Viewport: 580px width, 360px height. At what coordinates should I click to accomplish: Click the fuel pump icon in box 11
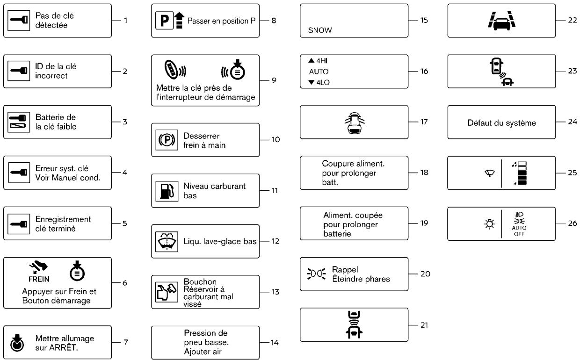pos(167,191)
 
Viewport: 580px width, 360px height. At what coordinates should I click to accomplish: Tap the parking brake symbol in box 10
pos(167,140)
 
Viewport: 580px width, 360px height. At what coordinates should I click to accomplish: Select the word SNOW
pos(320,30)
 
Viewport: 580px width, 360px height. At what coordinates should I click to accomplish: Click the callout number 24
pos(573,122)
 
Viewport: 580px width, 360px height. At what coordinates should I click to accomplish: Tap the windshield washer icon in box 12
pos(167,242)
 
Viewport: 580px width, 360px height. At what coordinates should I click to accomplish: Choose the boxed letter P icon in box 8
pos(165,21)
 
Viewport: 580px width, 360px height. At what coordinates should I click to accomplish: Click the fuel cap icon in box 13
pos(167,292)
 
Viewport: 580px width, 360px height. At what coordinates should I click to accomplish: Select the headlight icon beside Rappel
pos(316,274)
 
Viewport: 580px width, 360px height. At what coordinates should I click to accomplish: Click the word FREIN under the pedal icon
pos(39,279)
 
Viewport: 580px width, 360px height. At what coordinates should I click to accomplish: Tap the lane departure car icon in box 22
pos(501,21)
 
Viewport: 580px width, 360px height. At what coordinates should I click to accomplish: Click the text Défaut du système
pos(501,122)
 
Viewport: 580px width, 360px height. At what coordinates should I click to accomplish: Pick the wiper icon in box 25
pos(489,173)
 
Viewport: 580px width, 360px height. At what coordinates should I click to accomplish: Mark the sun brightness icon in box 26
pos(489,224)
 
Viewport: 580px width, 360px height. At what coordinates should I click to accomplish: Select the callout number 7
pos(126,342)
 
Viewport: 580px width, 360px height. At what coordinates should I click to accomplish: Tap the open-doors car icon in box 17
pos(354,123)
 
